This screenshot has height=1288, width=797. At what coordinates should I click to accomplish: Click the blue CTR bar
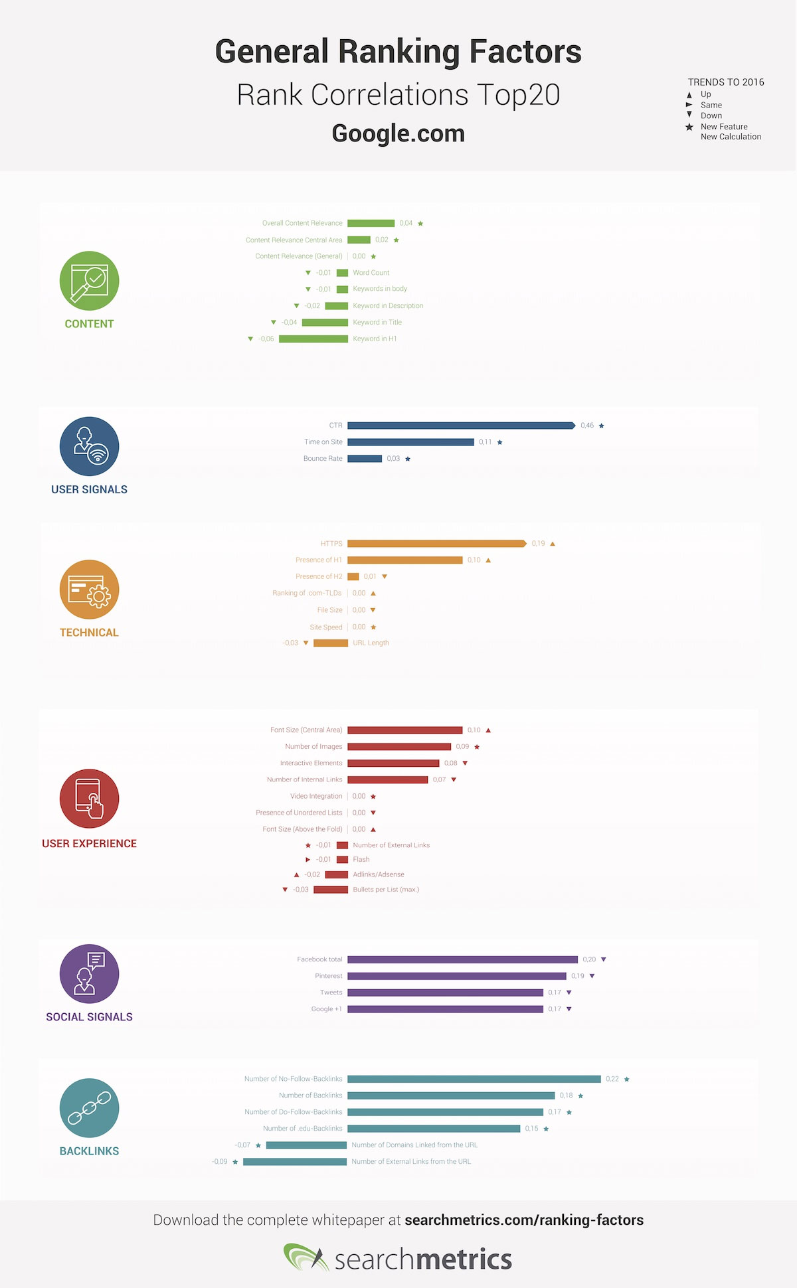461,426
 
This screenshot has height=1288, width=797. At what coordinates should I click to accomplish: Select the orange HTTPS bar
436,544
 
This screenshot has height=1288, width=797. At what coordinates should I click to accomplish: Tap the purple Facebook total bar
462,959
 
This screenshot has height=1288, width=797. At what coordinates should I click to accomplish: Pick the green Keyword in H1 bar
313,339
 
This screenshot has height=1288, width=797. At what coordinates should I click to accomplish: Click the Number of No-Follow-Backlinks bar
474,1079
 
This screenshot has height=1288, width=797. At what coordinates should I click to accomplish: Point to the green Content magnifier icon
90,281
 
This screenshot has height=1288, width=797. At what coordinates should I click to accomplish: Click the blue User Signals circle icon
90,446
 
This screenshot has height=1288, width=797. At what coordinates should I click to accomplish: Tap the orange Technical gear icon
90,590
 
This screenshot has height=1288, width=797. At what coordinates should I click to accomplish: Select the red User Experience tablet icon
90,799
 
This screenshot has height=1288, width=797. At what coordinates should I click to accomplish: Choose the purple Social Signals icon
90,974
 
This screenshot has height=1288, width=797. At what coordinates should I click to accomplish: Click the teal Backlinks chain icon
90,1108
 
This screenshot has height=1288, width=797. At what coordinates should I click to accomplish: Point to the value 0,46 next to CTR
587,426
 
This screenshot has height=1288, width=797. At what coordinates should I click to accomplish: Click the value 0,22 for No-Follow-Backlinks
612,1079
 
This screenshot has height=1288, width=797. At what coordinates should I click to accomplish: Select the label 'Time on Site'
323,442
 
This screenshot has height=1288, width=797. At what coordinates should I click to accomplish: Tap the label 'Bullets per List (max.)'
386,890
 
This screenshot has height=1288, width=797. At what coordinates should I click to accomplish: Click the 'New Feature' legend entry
724,127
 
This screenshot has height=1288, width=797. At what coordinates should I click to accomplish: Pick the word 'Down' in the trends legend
711,116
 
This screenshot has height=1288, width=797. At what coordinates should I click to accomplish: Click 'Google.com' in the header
398,133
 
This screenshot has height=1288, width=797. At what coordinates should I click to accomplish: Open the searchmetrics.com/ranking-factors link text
524,1220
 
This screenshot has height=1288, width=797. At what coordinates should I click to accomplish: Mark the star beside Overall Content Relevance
420,224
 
